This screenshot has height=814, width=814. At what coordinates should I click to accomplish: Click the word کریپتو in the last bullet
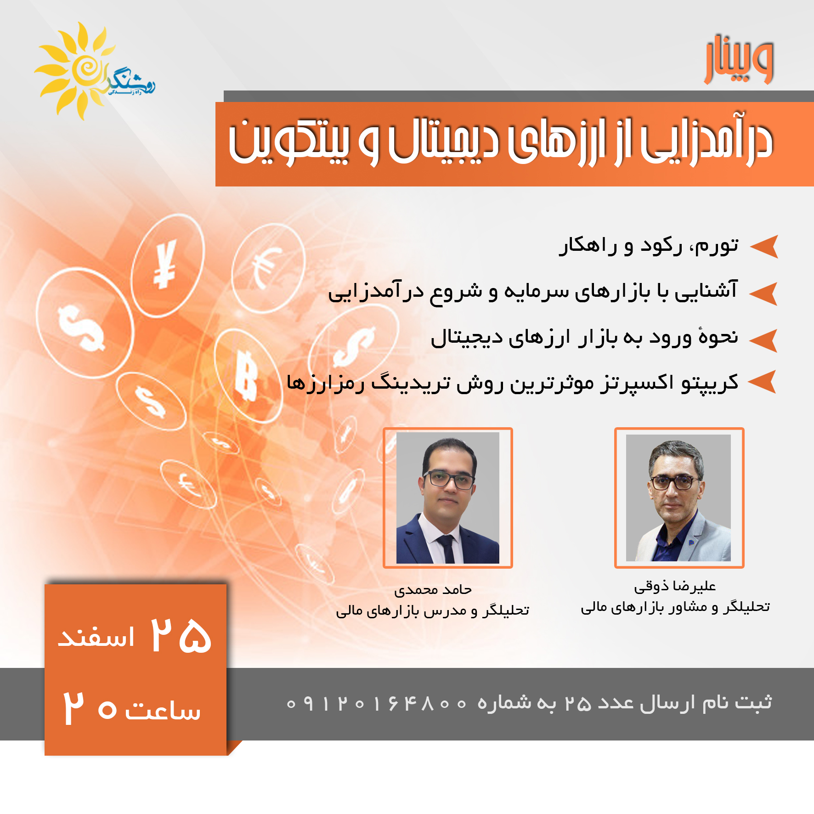[710, 383]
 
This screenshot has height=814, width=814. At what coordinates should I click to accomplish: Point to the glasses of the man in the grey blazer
[675, 483]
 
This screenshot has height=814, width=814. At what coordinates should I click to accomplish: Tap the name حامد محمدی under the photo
[433, 590]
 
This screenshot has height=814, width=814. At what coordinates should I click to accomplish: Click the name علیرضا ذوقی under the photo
[675, 587]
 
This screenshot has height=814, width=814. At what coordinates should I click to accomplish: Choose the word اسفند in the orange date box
[96, 638]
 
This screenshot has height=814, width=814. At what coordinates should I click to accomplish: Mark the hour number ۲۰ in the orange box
[90, 708]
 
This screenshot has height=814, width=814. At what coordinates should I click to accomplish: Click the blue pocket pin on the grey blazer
[691, 543]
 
